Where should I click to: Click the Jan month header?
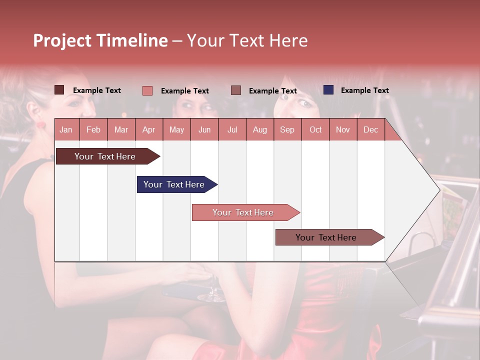[66, 129]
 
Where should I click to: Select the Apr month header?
[148, 129]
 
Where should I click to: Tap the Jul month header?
[232, 129]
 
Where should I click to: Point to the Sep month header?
[287, 129]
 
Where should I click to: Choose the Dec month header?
[370, 129]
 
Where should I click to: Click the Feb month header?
[93, 129]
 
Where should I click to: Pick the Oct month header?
[315, 129]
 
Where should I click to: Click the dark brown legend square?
[59, 90]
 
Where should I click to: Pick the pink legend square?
[147, 90]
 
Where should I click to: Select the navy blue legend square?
[328, 90]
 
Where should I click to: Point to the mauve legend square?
[236, 90]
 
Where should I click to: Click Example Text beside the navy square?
[364, 90]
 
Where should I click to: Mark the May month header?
[176, 129]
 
